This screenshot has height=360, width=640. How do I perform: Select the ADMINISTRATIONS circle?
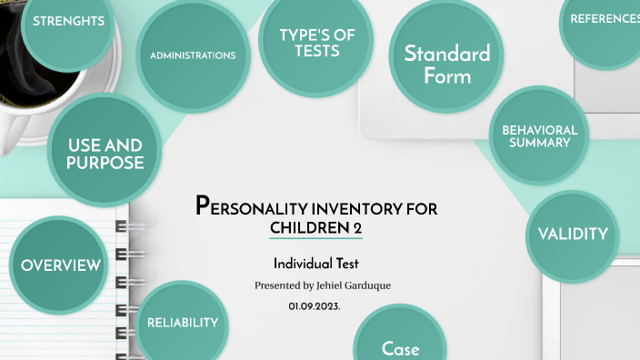pyautogui.click(x=193, y=55)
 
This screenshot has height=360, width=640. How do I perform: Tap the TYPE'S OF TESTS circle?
pyautogui.click(x=315, y=43)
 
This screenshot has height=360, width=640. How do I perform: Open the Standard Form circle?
pyautogui.click(x=446, y=64)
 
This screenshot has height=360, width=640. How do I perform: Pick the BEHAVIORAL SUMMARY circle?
pyautogui.click(x=539, y=136)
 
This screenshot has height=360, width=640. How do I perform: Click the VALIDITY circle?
pyautogui.click(x=572, y=235)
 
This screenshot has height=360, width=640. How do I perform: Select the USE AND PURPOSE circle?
pyautogui.click(x=105, y=153)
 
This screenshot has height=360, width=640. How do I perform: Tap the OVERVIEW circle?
pyautogui.click(x=60, y=265)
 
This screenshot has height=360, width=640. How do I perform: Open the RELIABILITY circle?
pyautogui.click(x=182, y=323)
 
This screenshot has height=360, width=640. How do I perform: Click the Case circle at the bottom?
pyautogui.click(x=400, y=345)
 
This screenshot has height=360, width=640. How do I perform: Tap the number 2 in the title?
pyautogui.click(x=357, y=226)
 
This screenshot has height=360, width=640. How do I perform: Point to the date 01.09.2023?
pyautogui.click(x=315, y=305)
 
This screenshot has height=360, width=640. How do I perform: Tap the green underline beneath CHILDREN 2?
pyautogui.click(x=316, y=238)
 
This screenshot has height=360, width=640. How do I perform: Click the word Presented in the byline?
pyautogui.click(x=276, y=285)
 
